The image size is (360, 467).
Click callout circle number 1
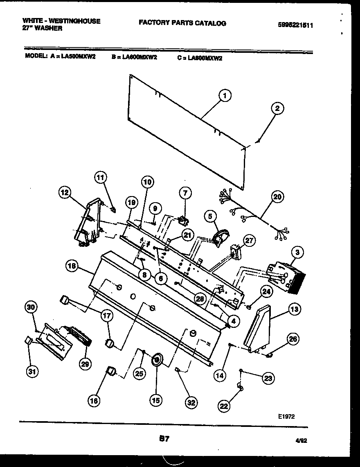point(224,96)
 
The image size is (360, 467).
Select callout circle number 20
point(277,197)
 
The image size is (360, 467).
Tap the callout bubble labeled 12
point(65,192)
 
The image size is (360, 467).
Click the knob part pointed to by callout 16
point(110,371)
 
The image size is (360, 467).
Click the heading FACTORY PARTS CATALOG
point(182,23)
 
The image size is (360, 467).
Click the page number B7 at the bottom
point(164,439)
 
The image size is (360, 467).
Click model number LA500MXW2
point(79,58)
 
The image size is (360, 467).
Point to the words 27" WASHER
point(43,29)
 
